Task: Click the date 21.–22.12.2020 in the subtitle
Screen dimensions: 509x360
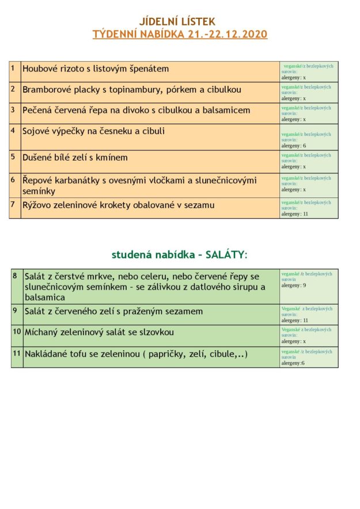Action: (x=228, y=35)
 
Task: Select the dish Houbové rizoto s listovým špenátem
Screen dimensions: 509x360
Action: (x=96, y=69)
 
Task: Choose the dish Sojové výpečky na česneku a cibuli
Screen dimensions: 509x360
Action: (x=93, y=131)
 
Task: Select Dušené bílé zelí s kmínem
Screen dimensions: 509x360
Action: (x=75, y=158)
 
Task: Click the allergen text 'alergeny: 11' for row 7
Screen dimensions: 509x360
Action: (x=295, y=214)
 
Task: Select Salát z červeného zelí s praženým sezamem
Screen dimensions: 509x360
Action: (x=113, y=312)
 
